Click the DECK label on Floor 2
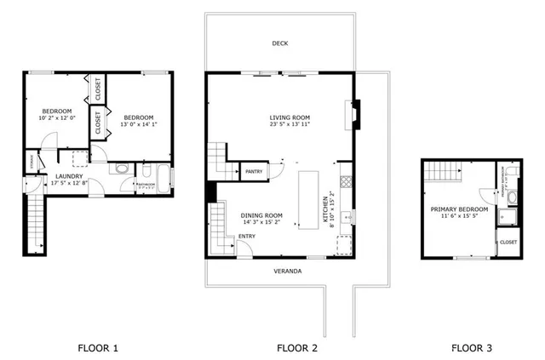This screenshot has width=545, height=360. pos(279,43)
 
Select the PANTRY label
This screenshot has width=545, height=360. pos(254,172)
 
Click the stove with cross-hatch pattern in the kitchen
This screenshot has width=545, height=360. pos(345,181)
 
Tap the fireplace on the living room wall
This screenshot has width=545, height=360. pos(355,113)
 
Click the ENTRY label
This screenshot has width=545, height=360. pos(247,237)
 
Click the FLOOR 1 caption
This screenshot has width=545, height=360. pos(98,347)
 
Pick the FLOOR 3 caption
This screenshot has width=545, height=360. pos(471,347)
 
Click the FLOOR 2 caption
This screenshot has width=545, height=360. pos(297,347)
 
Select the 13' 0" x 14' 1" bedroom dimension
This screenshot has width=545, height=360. pos(140,124)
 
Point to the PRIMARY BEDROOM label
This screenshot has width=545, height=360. pos(459,209)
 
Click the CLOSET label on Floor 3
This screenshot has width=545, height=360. pos(508,243)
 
